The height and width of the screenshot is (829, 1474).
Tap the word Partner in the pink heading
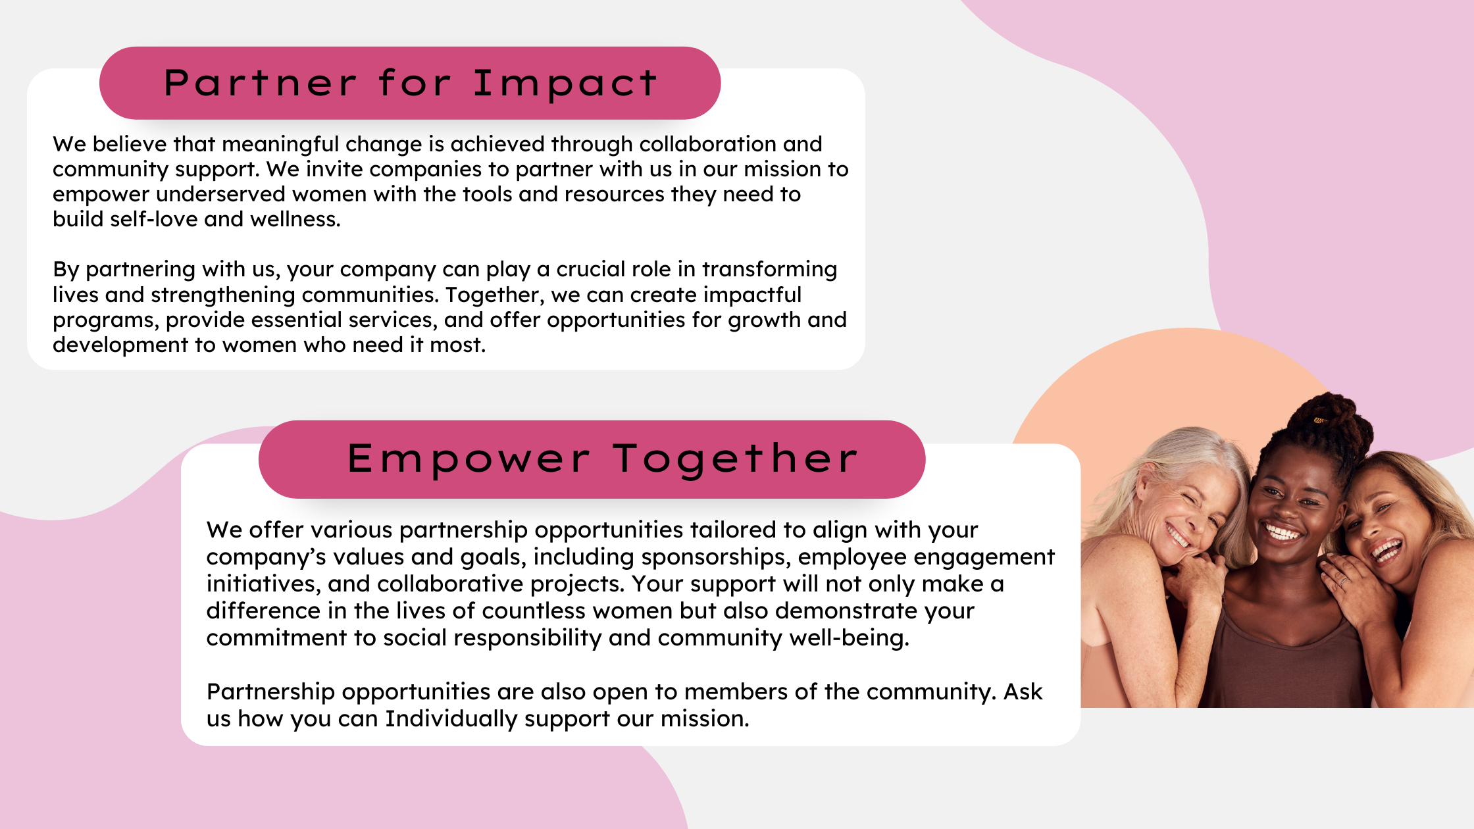coord(260,83)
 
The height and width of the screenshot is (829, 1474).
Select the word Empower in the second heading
coord(468,459)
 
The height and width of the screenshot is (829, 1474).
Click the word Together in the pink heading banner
coord(736,459)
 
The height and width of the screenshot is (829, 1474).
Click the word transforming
coord(769,269)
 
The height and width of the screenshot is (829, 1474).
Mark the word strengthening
coord(222,295)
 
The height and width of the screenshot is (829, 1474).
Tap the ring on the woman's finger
coord(1342,582)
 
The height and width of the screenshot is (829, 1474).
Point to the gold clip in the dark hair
coord(1319,420)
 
